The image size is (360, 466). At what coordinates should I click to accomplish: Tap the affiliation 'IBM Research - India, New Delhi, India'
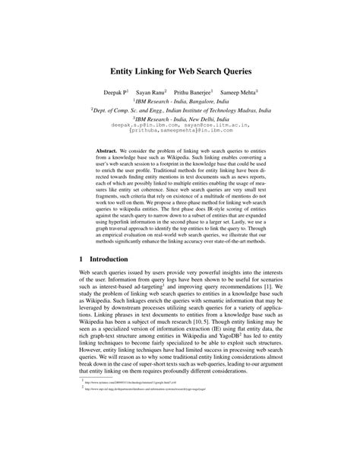coord(180,119)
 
